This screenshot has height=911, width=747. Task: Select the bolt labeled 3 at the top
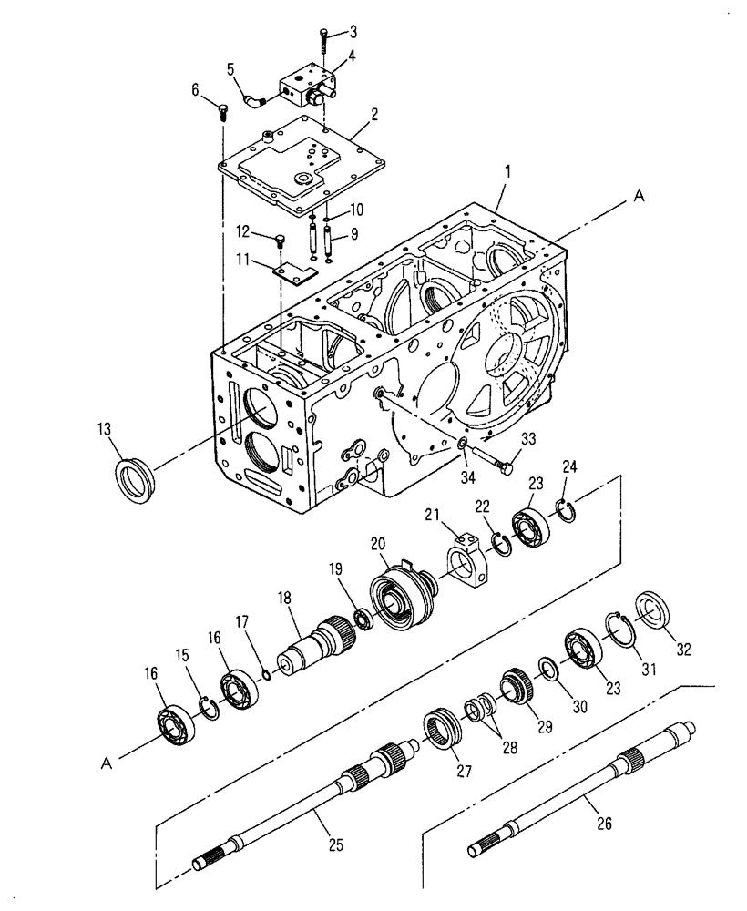pos(323,42)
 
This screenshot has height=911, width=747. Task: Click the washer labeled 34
pos(463,443)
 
